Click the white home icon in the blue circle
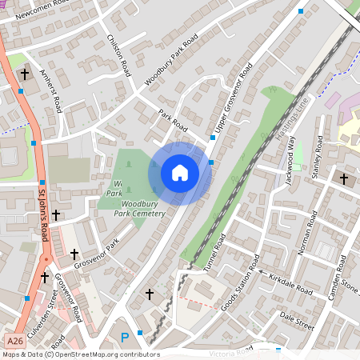(x=180, y=173)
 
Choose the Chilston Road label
(x=118, y=56)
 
